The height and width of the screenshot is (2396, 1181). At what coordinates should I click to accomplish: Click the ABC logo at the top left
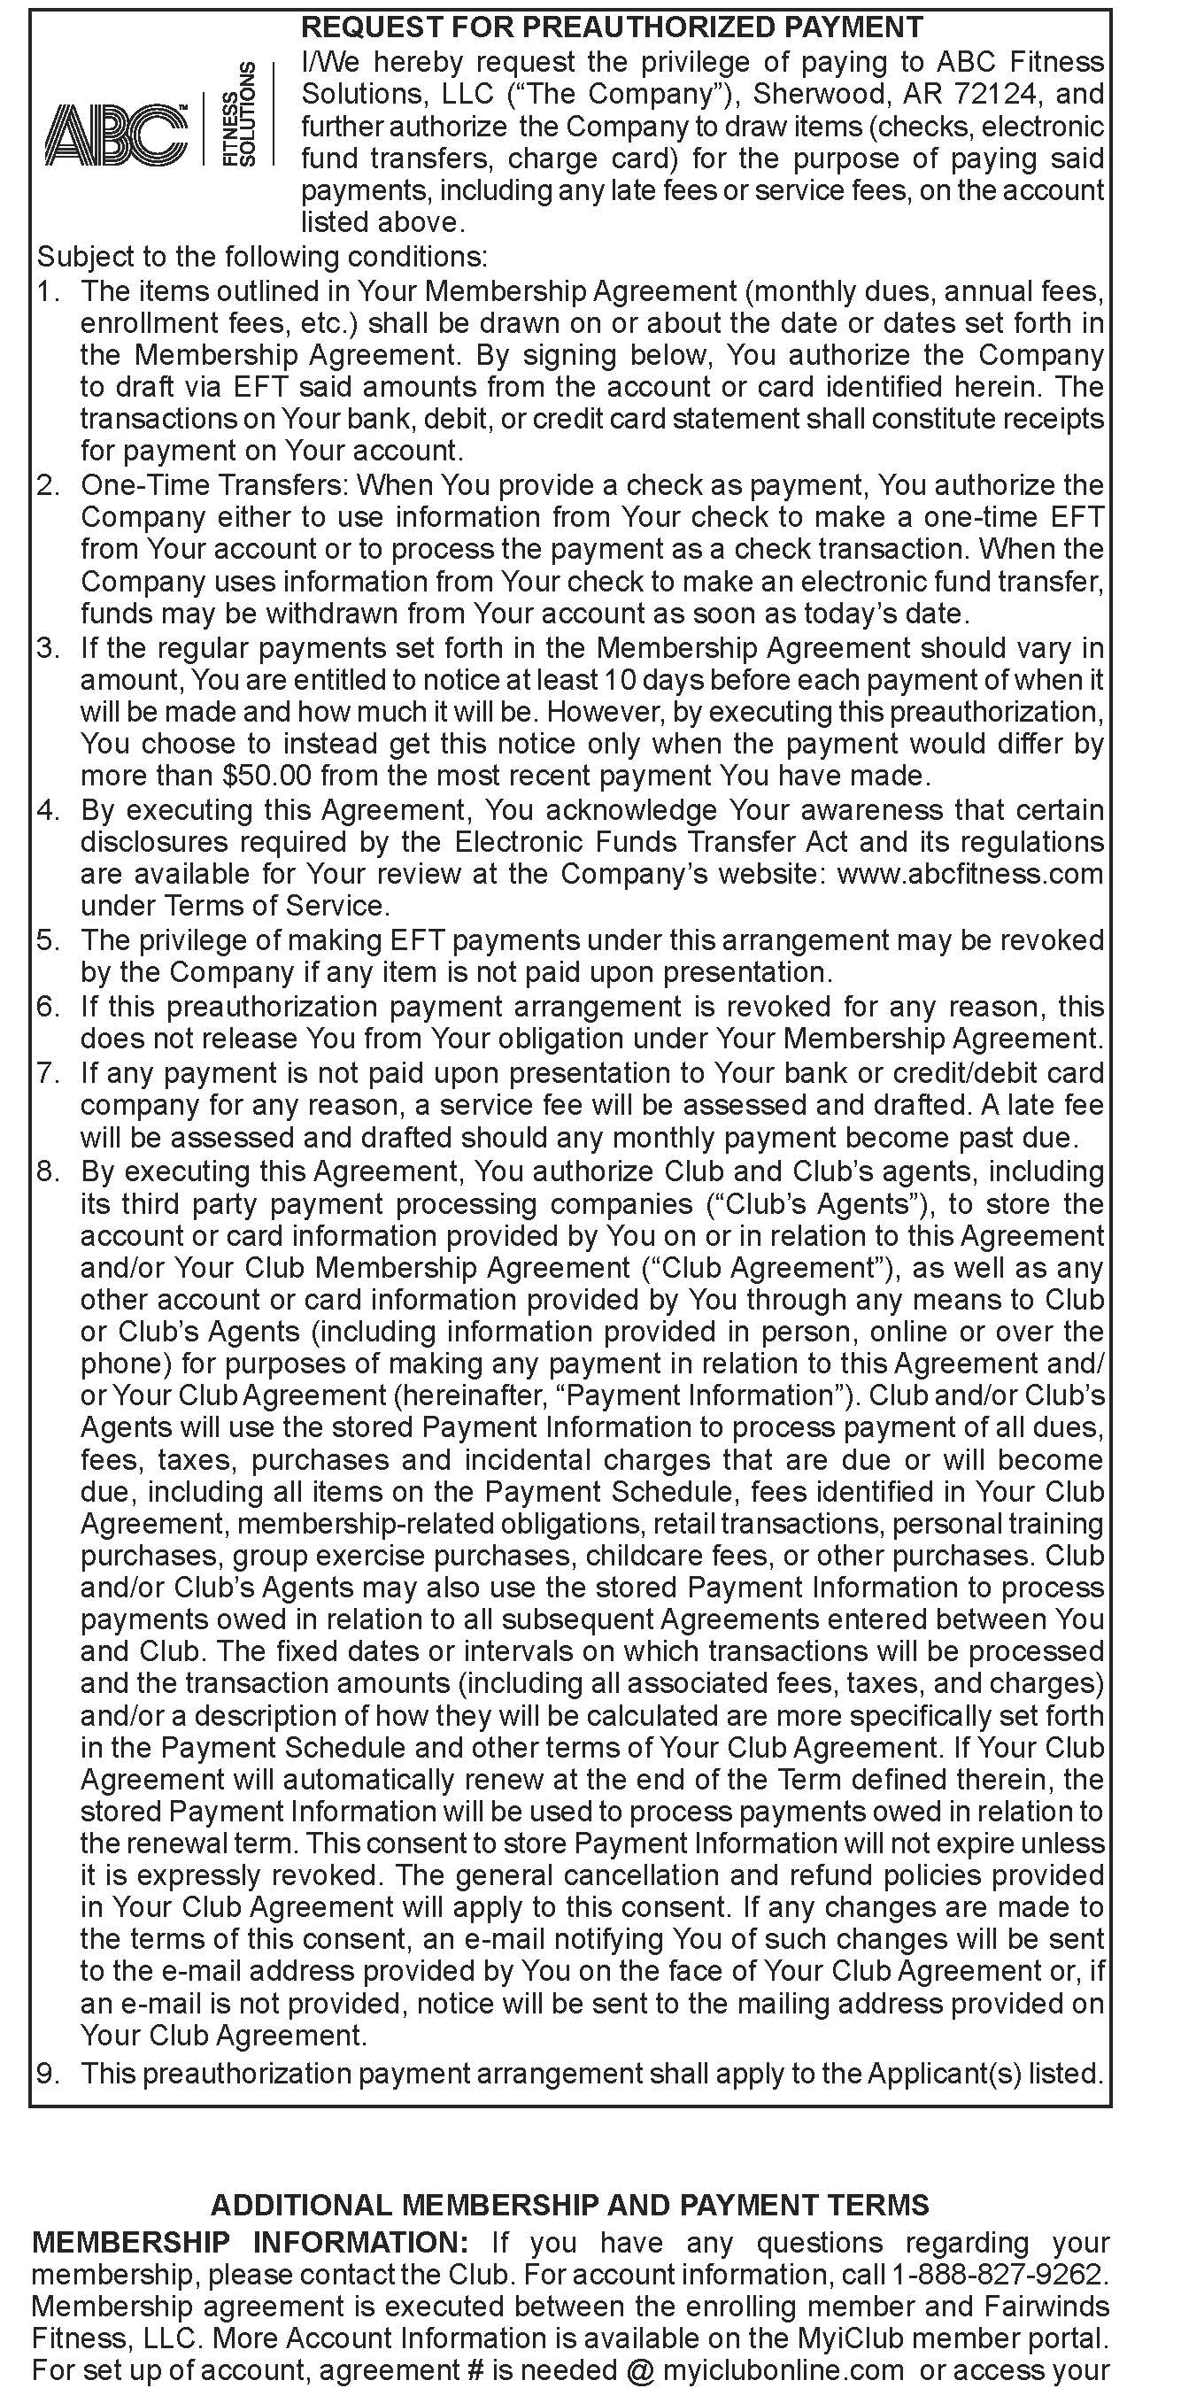coord(116,135)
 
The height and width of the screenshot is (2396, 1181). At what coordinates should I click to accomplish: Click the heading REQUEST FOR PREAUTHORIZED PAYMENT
coord(612,27)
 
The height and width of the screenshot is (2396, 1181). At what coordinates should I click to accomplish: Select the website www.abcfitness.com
coord(970,874)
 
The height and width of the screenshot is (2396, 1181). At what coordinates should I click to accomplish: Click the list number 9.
coord(48,2073)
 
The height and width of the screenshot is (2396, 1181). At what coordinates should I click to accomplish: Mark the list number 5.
coord(48,939)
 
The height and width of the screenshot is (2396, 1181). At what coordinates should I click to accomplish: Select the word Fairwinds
coord(1045,2307)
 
